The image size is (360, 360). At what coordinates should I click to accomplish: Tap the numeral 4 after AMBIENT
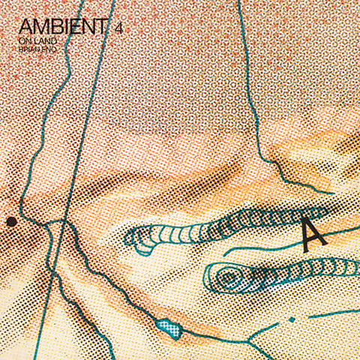pos(118,28)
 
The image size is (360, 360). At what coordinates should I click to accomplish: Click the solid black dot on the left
pos(11,221)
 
